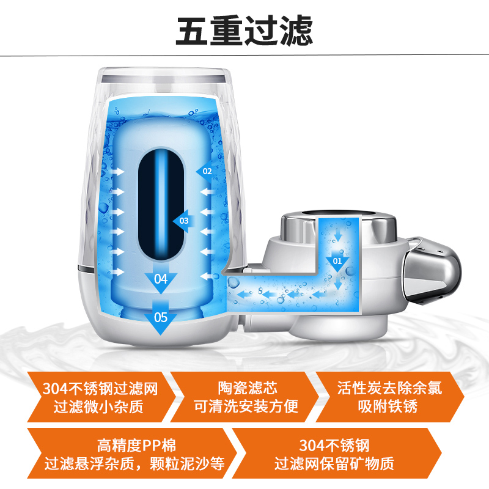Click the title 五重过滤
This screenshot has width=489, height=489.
(244, 31)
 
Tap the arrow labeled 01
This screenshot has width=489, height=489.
(337, 261)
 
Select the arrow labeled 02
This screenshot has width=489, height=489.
(205, 171)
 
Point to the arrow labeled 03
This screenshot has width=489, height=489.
(184, 221)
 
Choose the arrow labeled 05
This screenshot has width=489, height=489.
(161, 317)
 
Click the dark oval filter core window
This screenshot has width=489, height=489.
(161, 204)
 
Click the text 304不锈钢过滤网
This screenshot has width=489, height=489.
(100, 389)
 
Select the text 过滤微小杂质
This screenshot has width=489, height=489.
(98, 406)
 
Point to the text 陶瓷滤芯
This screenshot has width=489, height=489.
(248, 388)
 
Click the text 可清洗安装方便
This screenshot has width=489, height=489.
(246, 406)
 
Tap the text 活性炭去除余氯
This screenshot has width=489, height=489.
(389, 388)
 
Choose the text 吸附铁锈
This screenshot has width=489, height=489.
(388, 406)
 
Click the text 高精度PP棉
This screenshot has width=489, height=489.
(136, 446)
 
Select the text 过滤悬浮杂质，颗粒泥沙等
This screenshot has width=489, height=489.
(134, 464)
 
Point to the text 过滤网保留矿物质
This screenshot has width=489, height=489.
(334, 464)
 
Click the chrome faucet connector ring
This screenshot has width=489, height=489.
(339, 227)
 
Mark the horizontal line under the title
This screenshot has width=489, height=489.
(244, 56)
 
